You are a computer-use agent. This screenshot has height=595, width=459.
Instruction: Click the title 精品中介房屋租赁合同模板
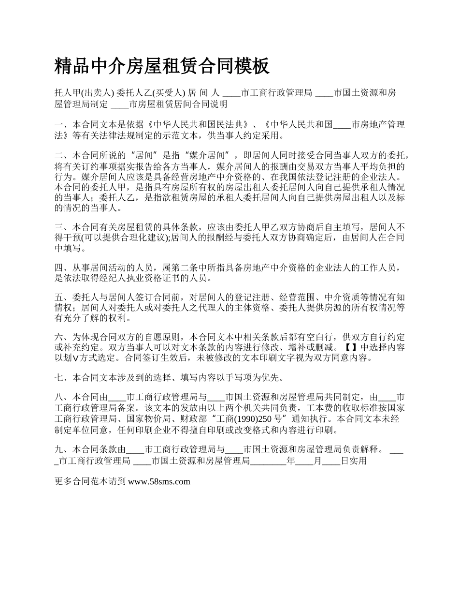tap(162, 66)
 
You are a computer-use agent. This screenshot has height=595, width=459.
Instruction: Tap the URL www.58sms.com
tap(159, 481)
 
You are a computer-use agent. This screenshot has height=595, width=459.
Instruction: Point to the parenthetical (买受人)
tap(167, 93)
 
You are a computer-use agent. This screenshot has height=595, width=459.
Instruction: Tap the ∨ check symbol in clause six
tap(75, 358)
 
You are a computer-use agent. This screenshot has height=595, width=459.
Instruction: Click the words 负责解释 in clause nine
tap(363, 450)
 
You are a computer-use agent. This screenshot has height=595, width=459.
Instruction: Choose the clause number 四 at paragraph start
tap(58, 267)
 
